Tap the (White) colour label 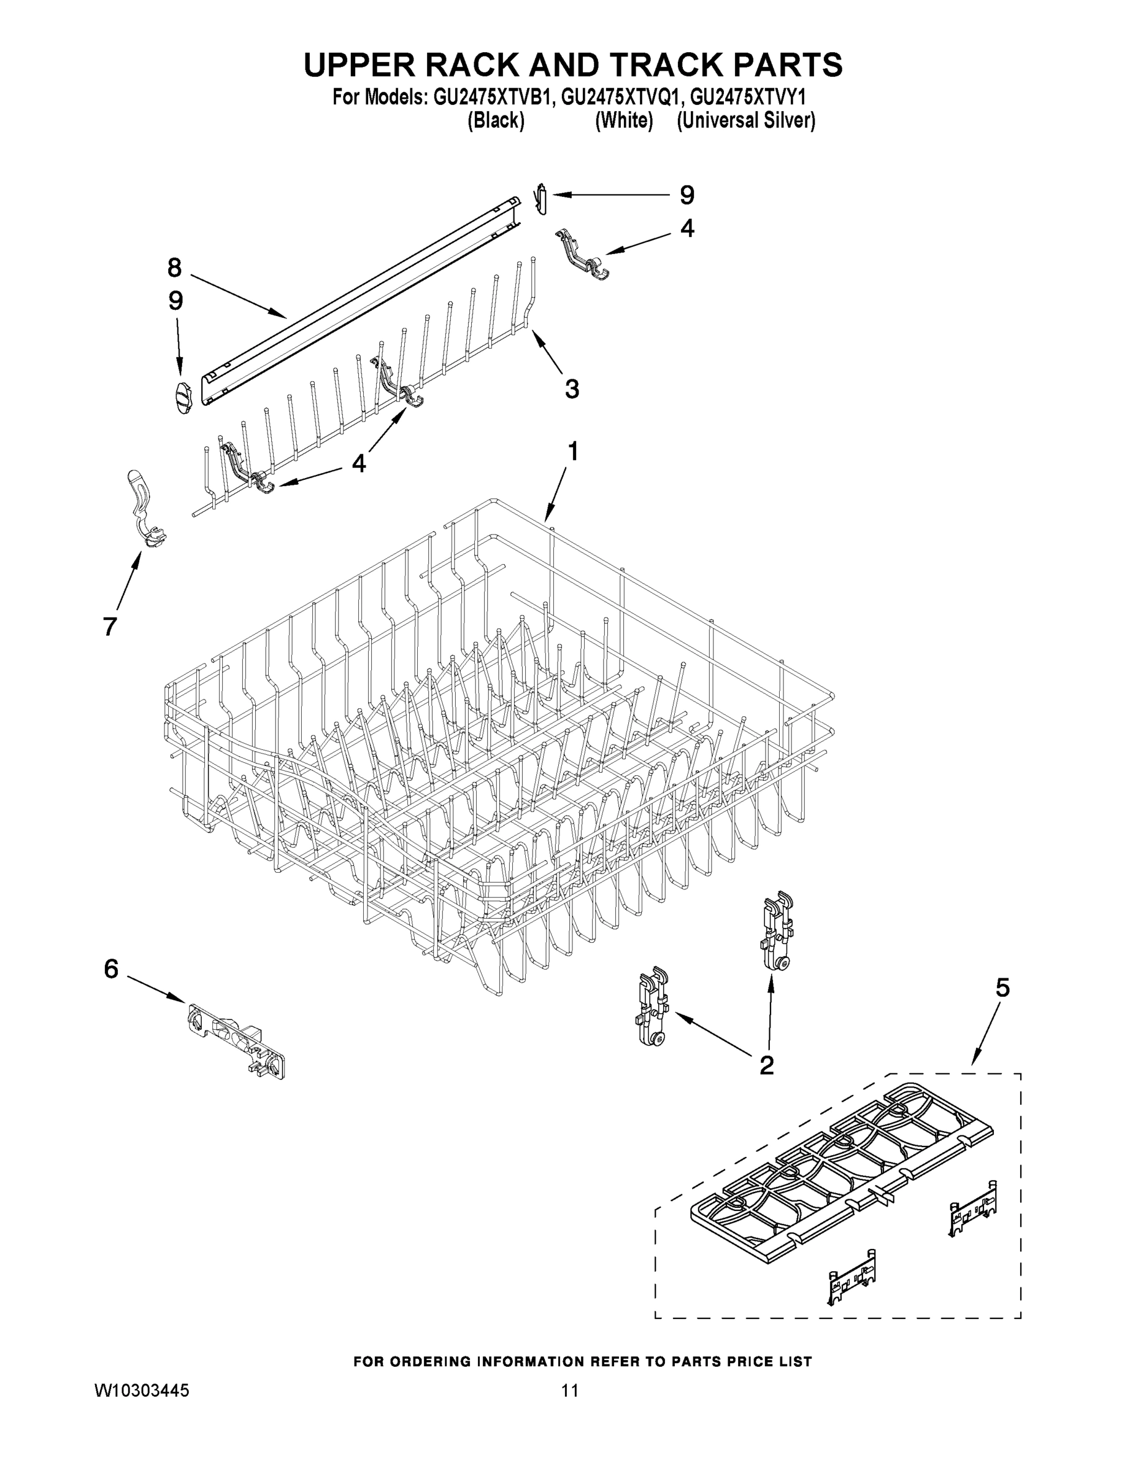click(x=624, y=121)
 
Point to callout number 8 click(x=175, y=268)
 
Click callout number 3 click(x=572, y=389)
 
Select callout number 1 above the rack click(x=572, y=451)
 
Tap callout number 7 click(x=110, y=626)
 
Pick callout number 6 click(x=111, y=969)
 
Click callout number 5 click(x=1002, y=988)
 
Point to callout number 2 click(x=766, y=1065)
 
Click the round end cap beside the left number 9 click(x=182, y=396)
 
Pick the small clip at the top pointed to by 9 click(x=540, y=199)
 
